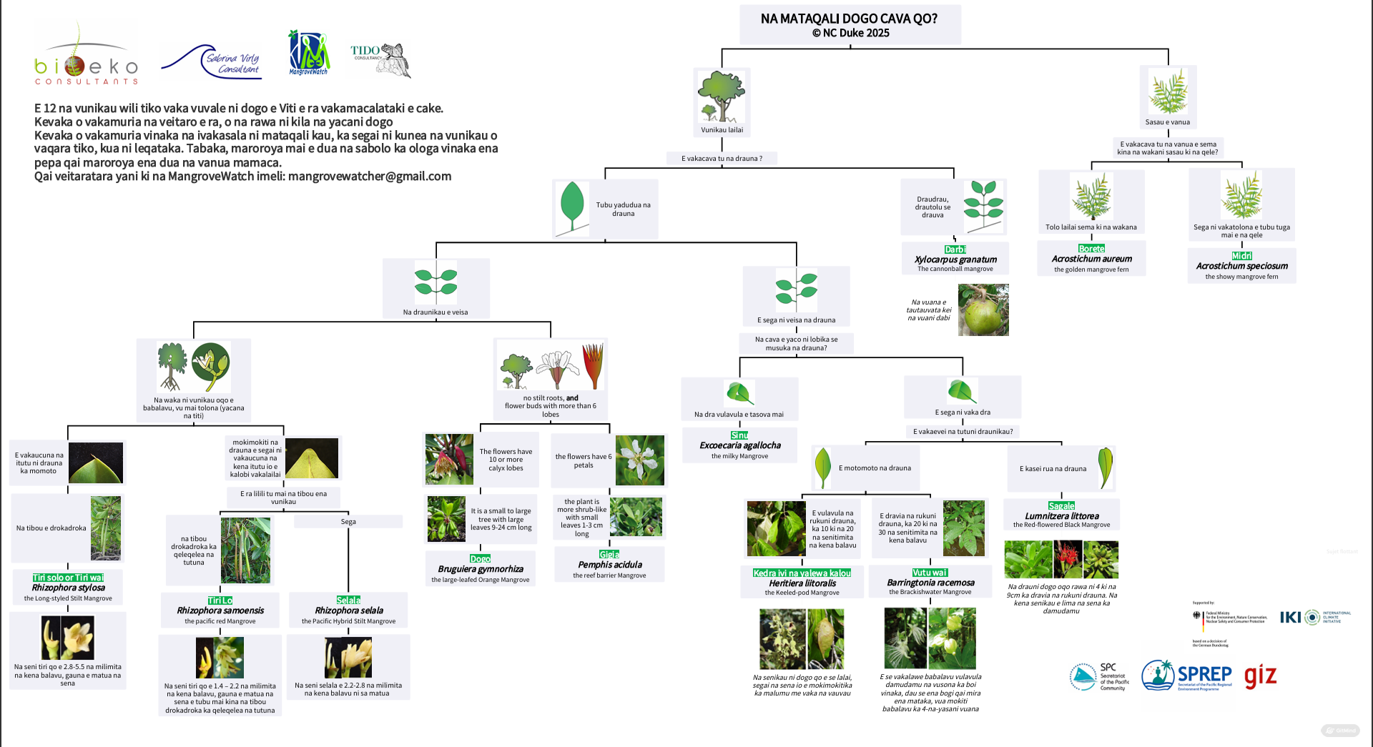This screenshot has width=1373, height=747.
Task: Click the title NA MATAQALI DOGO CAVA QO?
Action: [x=849, y=19]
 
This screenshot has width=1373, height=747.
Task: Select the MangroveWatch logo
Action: [x=309, y=52]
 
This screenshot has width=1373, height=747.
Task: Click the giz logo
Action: [x=1260, y=676]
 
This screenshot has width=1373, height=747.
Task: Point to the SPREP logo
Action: [x=1187, y=676]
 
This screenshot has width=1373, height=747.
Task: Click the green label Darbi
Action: [x=955, y=249]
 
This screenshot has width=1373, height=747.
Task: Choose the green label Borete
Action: [x=1091, y=249]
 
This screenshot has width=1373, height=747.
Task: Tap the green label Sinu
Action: [x=739, y=435]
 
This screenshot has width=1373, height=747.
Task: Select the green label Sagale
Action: [x=1061, y=506]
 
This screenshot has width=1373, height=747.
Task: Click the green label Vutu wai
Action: [x=930, y=573]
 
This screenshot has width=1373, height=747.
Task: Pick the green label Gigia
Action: [x=609, y=555]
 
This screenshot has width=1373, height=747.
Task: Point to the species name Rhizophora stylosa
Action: [x=68, y=588]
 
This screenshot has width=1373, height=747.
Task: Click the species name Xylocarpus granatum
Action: [x=955, y=259]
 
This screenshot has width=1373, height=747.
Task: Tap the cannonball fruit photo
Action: [x=983, y=310]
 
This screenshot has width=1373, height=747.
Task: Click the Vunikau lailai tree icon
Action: [x=722, y=97]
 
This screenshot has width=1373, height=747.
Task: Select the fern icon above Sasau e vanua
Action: [x=1168, y=91]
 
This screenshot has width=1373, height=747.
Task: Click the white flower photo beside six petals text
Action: [x=639, y=460]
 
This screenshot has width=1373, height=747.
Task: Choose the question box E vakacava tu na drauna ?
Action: [x=722, y=159]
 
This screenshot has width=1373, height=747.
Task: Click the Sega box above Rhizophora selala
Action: [x=348, y=522]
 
